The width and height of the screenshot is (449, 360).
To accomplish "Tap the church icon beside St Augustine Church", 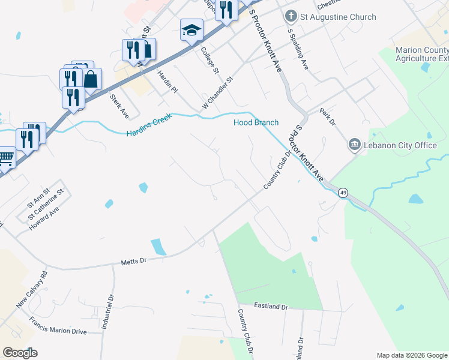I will (291, 16).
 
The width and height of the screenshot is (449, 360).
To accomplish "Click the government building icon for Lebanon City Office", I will (354, 145).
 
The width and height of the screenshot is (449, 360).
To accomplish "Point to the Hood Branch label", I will (256, 122).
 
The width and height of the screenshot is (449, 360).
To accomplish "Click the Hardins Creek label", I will (149, 125).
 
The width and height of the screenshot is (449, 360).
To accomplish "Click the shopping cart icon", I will (5, 159).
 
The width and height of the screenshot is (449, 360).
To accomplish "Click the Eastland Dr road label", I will (271, 307).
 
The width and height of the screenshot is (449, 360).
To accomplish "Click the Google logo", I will (20, 353).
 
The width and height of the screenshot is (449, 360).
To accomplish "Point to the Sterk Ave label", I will (119, 105).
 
